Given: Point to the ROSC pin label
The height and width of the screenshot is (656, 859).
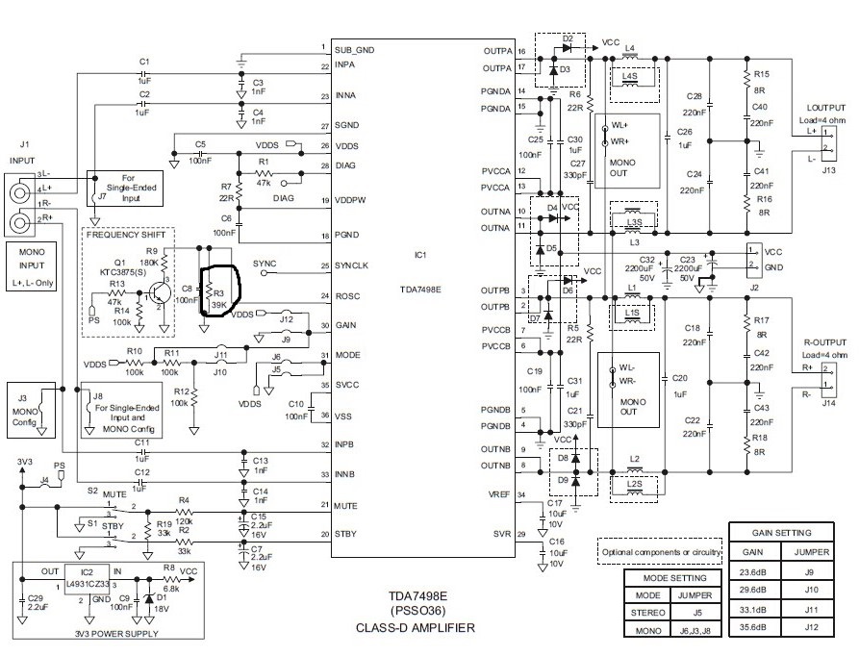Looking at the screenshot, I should pos(348,296).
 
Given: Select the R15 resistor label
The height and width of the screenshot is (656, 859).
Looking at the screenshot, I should pos(761,73).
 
